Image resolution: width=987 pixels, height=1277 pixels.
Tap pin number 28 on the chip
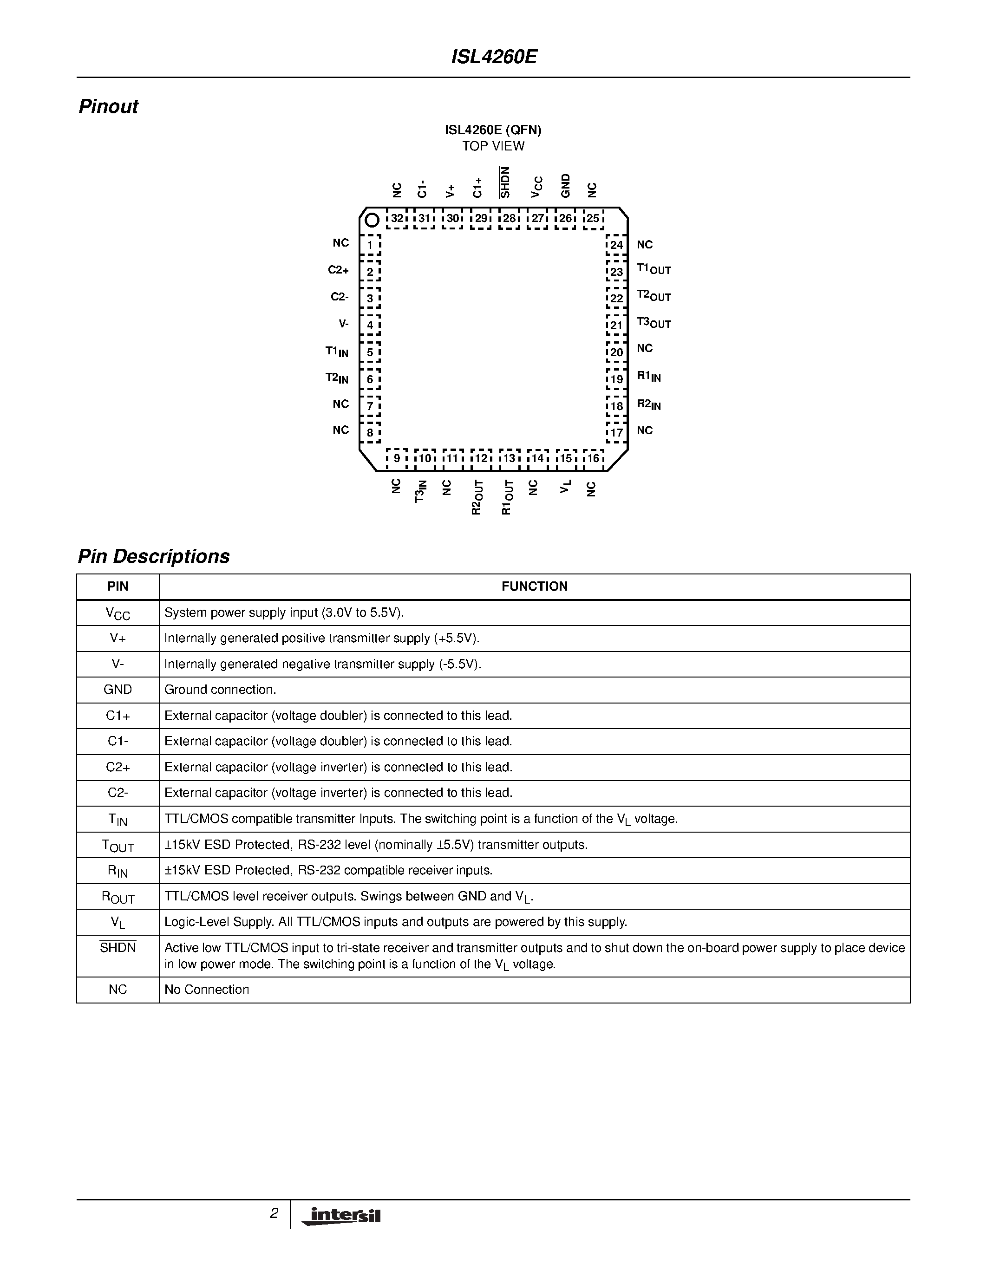point(509,219)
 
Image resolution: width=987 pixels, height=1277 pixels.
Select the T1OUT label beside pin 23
point(654,269)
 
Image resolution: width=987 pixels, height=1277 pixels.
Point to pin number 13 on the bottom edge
point(509,458)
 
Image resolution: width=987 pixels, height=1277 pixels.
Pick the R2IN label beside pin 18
point(648,404)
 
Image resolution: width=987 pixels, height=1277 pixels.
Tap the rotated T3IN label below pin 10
point(420,491)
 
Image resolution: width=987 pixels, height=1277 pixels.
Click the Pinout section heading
point(108,106)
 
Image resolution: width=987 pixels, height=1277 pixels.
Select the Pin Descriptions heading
point(154,556)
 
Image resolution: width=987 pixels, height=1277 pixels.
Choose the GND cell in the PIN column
point(118,690)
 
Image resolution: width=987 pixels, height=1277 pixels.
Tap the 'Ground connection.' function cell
point(220,690)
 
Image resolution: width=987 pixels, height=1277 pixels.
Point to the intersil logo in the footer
point(342,1216)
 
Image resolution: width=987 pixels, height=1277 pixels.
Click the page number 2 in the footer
point(274,1213)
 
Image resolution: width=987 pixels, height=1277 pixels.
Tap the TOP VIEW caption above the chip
point(493,146)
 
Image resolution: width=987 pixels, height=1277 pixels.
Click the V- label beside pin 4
point(343,323)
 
